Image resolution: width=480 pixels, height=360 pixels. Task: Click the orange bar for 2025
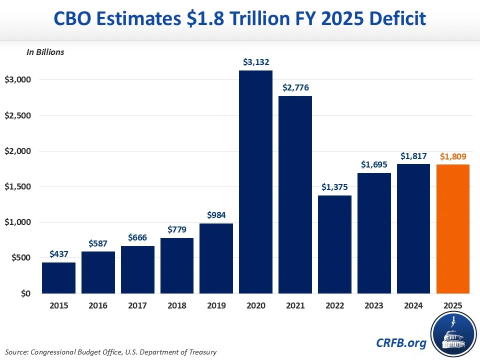coord(453,229)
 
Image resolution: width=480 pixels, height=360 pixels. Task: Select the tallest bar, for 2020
coord(255,182)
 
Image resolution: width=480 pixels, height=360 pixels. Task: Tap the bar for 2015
coord(58,278)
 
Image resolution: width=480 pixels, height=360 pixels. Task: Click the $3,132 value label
coord(255,62)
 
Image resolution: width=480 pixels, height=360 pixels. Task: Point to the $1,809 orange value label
coord(453,156)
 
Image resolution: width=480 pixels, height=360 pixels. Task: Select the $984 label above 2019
coord(216,215)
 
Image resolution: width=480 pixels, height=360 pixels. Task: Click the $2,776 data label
coord(295,87)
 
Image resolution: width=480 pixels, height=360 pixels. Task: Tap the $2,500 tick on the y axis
coord(18,115)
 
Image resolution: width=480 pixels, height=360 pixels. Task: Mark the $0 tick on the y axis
coord(25,293)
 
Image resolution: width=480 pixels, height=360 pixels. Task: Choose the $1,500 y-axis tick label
coord(18,187)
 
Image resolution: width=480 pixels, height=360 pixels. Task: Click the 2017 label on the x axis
coord(137,305)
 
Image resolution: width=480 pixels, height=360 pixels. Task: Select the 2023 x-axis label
coord(374,305)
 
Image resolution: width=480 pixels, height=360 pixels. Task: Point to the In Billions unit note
coord(45,52)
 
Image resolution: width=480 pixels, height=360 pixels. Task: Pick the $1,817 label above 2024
coord(413,156)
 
